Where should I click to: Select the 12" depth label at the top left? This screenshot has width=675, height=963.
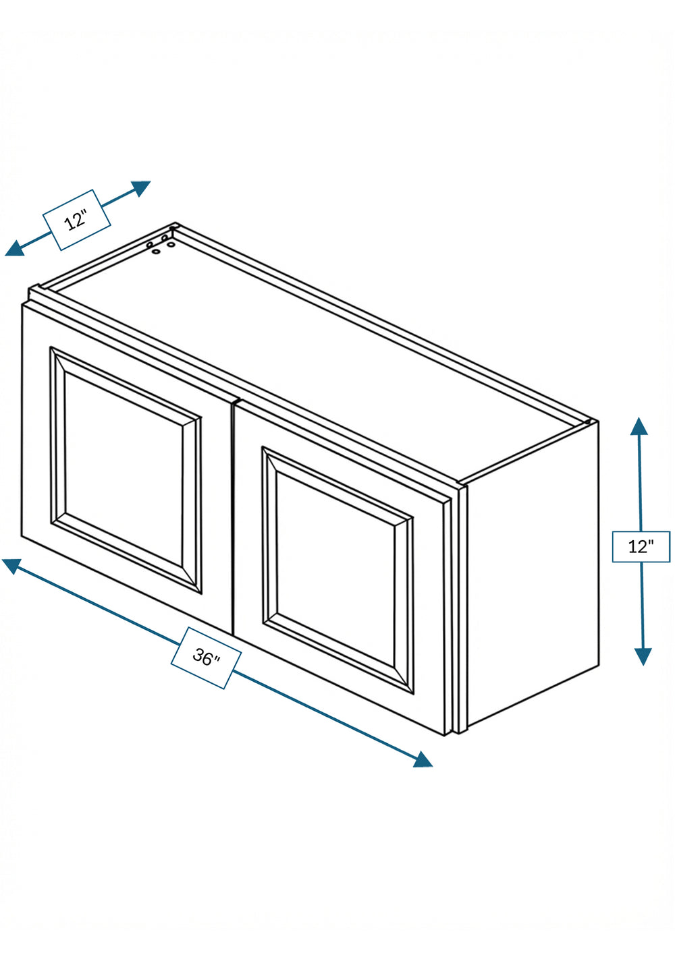pyautogui.click(x=76, y=220)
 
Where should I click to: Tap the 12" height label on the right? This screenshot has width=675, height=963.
pyautogui.click(x=641, y=547)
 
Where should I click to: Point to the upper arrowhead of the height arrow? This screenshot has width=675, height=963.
pyautogui.click(x=639, y=426)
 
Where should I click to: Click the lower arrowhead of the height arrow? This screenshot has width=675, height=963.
pyautogui.click(x=643, y=656)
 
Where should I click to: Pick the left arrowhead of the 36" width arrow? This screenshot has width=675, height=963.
pyautogui.click(x=11, y=566)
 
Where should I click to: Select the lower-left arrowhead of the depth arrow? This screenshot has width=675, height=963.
pyautogui.click(x=14, y=248)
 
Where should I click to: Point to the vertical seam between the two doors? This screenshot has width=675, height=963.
pyautogui.click(x=233, y=519)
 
